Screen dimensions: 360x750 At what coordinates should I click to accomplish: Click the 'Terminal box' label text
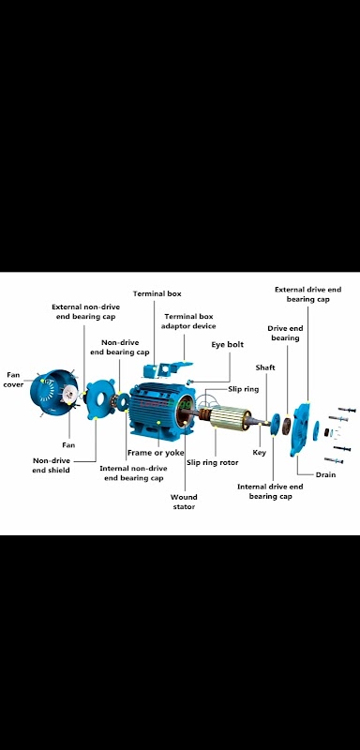tap(157, 293)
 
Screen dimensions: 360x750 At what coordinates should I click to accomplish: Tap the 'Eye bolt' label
tap(227, 344)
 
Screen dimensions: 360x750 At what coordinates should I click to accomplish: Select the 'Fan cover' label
tap(13, 380)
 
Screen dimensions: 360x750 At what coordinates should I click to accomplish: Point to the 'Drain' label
tap(325, 474)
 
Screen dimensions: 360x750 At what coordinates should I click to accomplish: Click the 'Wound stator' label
tap(184, 502)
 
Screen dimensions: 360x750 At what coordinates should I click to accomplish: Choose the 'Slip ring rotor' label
tap(212, 462)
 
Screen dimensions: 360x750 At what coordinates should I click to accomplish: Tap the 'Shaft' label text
tap(265, 367)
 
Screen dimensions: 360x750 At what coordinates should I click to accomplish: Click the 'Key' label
tap(259, 453)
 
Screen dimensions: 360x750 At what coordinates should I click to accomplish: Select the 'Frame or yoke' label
tap(156, 453)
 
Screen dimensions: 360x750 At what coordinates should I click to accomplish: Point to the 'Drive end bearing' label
tap(285, 333)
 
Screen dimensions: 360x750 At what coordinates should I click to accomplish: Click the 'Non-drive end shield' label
tap(52, 465)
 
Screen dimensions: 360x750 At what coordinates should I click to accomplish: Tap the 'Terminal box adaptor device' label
tap(187, 321)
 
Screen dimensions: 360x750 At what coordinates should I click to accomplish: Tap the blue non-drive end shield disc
tap(101, 399)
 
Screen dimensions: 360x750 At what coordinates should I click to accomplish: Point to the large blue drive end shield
tap(300, 429)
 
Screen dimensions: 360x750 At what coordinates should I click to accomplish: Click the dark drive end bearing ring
tap(286, 426)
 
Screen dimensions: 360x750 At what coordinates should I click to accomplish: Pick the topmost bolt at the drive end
tap(347, 410)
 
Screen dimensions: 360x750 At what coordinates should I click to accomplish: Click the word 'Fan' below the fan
tap(68, 444)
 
